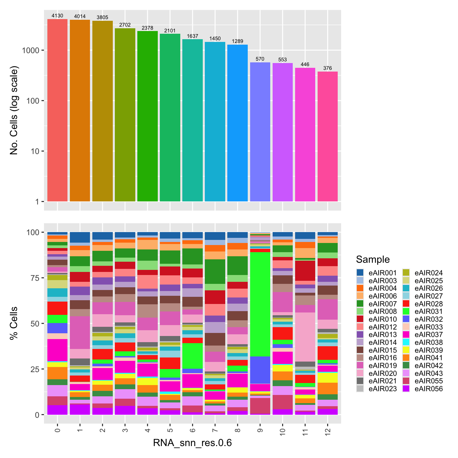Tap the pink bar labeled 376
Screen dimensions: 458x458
click(x=327, y=136)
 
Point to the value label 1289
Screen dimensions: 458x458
click(x=238, y=41)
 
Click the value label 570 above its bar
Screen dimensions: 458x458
click(x=260, y=59)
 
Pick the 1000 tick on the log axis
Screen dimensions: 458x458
click(x=33, y=50)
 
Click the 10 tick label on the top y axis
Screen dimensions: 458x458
click(x=35, y=151)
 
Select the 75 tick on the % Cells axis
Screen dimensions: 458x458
click(x=33, y=278)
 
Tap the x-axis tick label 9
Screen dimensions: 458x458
click(x=260, y=430)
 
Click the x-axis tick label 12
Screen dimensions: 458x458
click(x=327, y=431)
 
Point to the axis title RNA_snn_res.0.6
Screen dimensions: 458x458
click(x=192, y=443)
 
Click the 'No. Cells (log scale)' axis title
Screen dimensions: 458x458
click(x=14, y=110)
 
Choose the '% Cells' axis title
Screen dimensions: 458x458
click(x=14, y=323)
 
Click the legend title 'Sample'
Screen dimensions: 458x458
click(x=372, y=259)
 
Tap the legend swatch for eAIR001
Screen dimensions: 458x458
click(x=360, y=273)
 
